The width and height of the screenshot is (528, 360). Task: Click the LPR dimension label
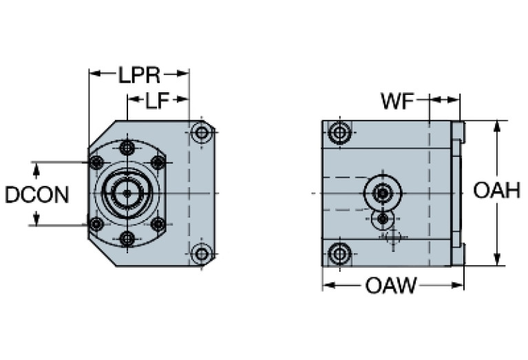[x=138, y=74]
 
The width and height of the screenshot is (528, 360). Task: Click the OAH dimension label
[x=496, y=191]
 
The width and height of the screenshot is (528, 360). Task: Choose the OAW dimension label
[x=391, y=286]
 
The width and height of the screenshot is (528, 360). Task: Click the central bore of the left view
[x=127, y=194]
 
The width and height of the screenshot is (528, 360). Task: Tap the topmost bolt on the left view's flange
[x=127, y=148]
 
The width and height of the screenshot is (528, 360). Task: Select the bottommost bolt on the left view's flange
[x=127, y=239]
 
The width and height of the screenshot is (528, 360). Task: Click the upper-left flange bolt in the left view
[x=97, y=162]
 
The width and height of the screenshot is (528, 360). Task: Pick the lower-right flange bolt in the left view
[x=158, y=224]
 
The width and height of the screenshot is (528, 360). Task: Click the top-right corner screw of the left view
[x=201, y=134]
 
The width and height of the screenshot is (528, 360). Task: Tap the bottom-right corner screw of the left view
[x=201, y=254]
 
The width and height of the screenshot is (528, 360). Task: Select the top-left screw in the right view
[x=338, y=132]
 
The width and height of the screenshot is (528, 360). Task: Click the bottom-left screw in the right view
[x=338, y=254]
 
